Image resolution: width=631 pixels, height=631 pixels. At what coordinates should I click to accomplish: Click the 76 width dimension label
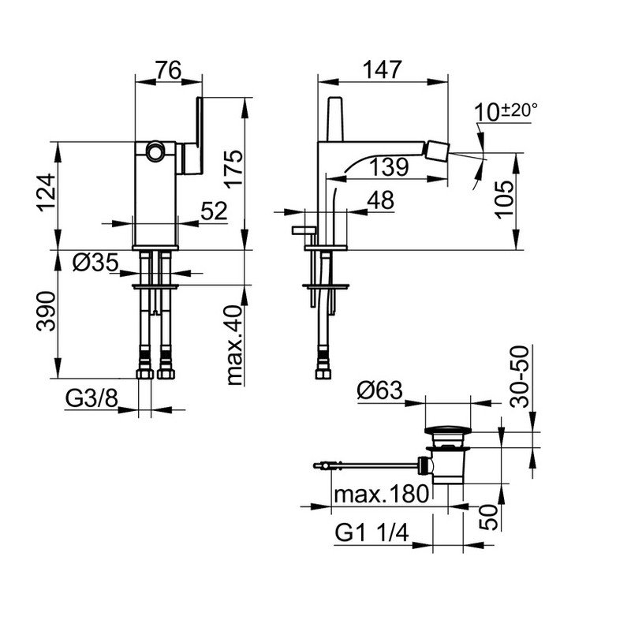point(169,70)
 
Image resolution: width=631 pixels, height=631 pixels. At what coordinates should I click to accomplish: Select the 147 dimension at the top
point(383,69)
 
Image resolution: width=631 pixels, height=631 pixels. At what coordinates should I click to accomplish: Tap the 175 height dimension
point(233,169)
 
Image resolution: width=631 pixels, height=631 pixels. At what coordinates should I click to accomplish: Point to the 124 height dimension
point(46,192)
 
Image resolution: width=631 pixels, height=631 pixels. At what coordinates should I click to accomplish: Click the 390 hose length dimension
point(46,311)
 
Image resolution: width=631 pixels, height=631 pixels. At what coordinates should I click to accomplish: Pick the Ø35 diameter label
point(95,263)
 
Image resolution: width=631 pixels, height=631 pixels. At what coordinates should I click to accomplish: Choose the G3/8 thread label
point(91,399)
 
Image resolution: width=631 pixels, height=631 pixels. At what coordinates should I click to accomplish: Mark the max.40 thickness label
point(234,345)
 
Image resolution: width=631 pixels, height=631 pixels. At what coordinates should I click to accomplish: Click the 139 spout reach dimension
point(389,166)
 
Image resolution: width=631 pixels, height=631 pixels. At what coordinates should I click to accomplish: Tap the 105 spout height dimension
point(504,200)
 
